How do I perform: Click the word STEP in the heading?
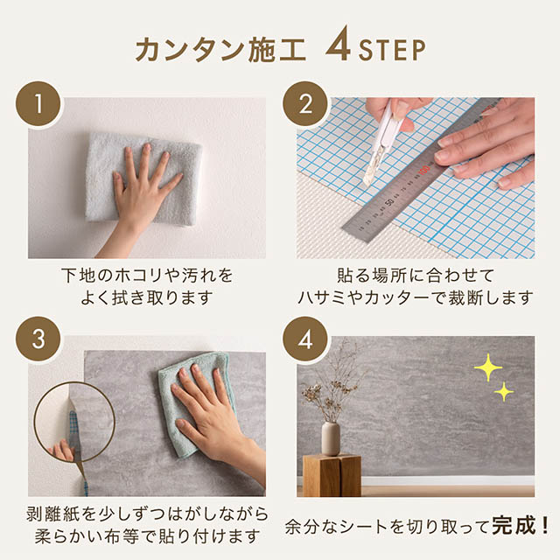tap(390, 50)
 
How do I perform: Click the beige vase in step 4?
tap(330, 437)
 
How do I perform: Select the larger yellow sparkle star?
tap(487, 367)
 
